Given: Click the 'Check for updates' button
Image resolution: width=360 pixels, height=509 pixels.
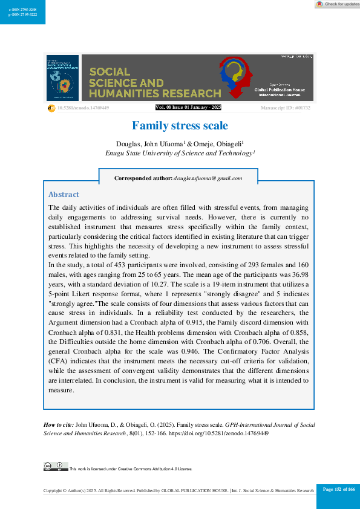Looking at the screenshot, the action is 336,4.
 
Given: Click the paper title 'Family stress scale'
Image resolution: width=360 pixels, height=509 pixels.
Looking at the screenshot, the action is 180,126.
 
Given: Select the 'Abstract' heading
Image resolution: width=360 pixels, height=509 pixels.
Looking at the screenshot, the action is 64,195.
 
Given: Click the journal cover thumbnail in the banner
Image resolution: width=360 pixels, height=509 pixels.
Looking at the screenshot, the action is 62,78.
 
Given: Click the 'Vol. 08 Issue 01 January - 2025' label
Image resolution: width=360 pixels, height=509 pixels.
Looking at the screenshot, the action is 189,108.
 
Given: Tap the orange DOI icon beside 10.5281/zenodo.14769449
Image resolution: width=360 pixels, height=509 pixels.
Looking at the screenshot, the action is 51,108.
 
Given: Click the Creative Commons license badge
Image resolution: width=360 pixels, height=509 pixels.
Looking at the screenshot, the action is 56,466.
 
